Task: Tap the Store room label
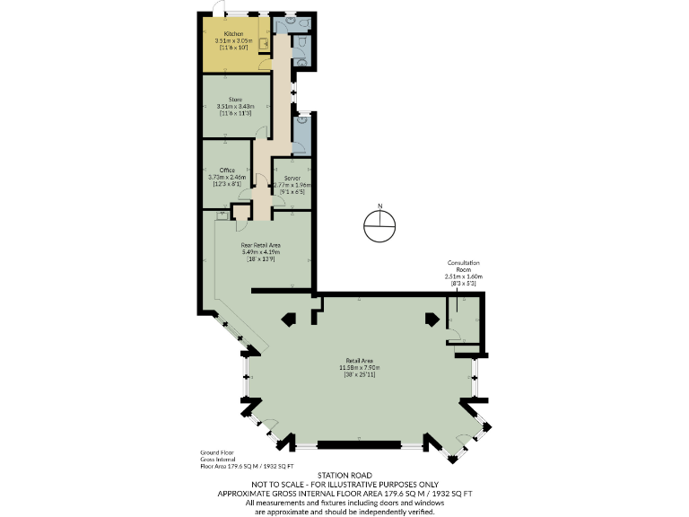[235, 100]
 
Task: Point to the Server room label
[292, 179]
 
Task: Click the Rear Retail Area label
[261, 244]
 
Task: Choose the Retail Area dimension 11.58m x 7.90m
[360, 368]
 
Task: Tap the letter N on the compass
[380, 207]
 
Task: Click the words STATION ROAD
[344, 475]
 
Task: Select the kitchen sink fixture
[264, 41]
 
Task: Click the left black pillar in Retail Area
[290, 319]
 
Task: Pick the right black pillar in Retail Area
[432, 319]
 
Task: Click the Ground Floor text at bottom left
[216, 454]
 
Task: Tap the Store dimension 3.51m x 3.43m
[235, 107]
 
